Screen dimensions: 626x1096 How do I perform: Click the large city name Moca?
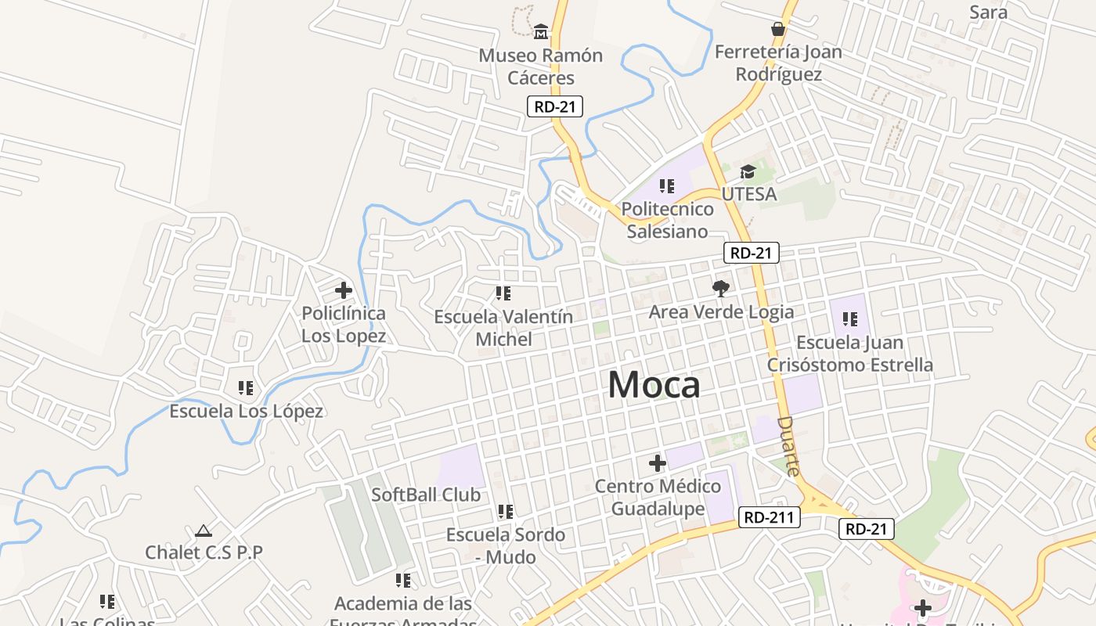coord(654,384)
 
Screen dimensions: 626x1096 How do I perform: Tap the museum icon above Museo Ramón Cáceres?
coord(541,32)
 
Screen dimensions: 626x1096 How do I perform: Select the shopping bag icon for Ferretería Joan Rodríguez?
coord(777,29)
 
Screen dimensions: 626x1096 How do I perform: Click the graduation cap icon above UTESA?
coord(748,171)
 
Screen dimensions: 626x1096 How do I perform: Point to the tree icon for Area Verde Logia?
coord(721,288)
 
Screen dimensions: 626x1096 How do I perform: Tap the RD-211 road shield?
coord(769,517)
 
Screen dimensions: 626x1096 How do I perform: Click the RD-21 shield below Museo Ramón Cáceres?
coord(555,106)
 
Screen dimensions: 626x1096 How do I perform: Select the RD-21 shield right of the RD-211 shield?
coord(867,529)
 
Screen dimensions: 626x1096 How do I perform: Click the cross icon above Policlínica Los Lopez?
coord(343,290)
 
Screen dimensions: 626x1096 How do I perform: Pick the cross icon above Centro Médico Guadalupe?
coord(658,463)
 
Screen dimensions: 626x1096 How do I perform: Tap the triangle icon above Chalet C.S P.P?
coord(204,531)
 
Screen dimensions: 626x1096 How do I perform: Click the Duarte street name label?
coord(789,446)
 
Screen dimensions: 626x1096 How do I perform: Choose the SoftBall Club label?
coord(426,495)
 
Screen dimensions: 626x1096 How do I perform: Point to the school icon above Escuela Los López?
coord(246,387)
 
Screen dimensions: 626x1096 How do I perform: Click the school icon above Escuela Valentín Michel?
coord(503,293)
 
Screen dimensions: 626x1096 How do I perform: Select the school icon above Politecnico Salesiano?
coord(667,186)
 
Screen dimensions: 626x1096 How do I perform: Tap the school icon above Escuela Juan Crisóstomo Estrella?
coord(849,319)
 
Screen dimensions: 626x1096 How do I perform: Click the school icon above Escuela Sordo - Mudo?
coord(506,512)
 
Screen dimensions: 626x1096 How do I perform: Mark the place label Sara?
coord(988,12)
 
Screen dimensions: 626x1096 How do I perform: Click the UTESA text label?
coord(749,194)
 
